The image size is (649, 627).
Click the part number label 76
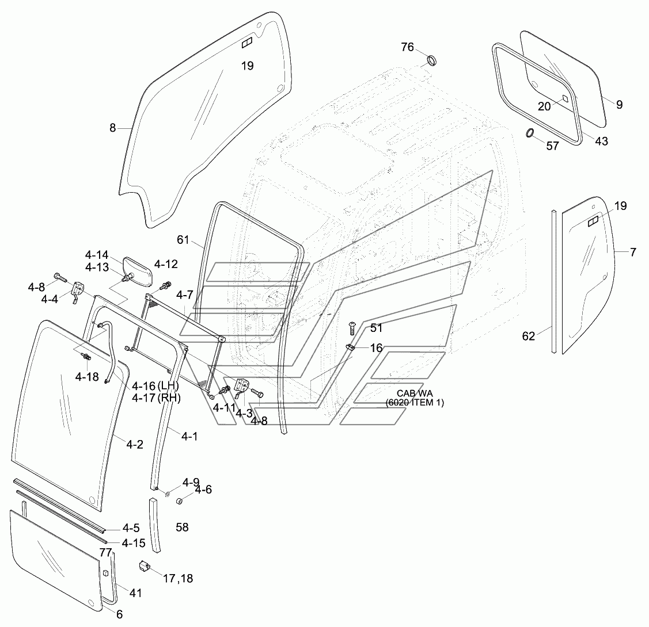407,47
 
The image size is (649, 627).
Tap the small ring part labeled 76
431,61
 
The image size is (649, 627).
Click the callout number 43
601,142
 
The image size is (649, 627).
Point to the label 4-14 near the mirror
97,255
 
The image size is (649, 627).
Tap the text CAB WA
415,393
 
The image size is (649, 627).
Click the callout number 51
376,328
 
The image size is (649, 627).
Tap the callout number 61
183,240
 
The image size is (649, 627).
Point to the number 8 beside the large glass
113,128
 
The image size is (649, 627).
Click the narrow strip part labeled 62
554,281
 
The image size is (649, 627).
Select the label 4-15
134,543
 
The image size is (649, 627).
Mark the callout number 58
182,527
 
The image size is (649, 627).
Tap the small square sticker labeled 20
565,98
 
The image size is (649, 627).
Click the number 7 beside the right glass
633,252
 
